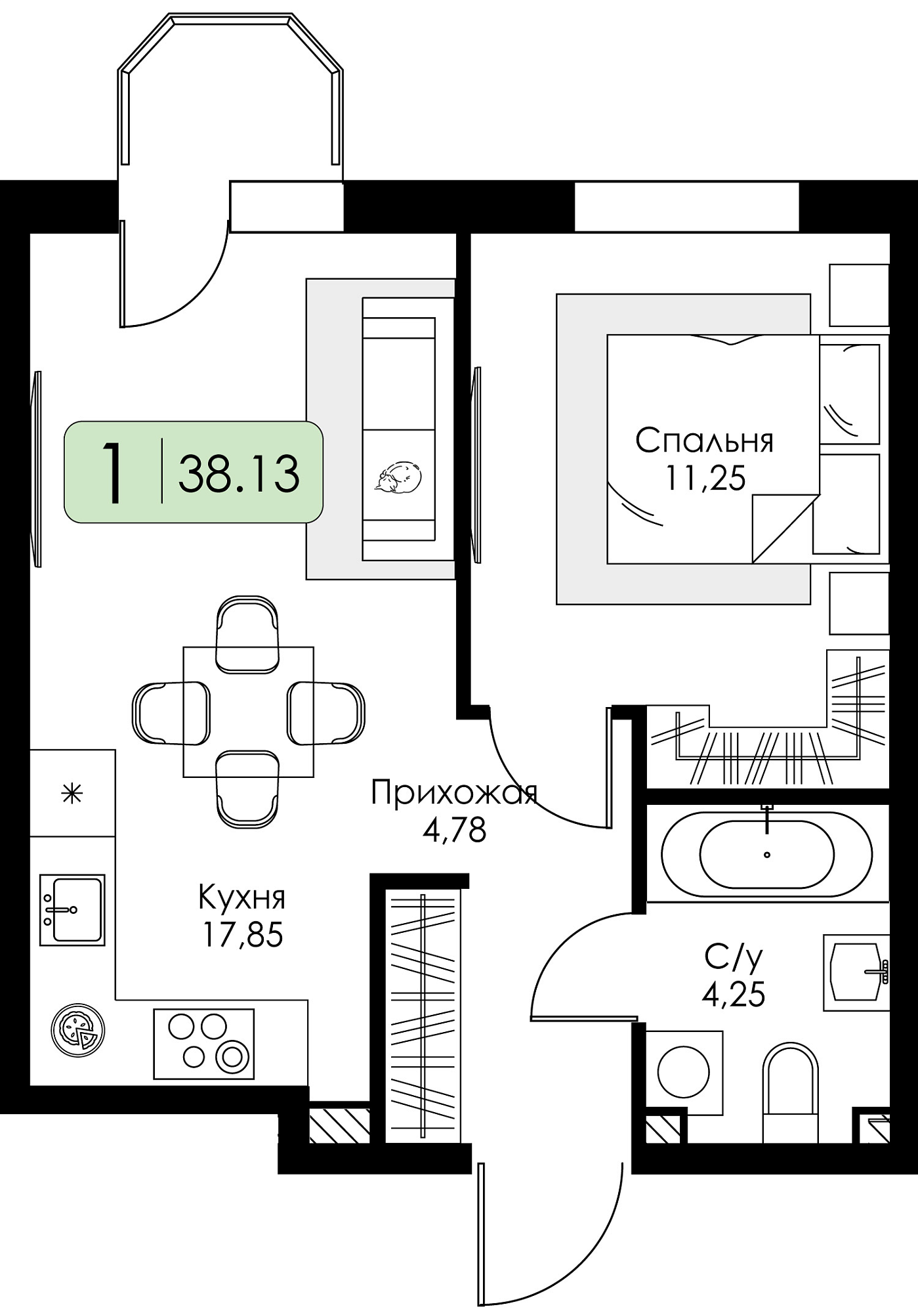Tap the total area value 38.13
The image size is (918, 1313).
point(239,473)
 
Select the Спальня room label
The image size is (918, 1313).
point(705,441)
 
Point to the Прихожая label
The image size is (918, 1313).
point(454,793)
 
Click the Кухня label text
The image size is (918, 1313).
point(242,897)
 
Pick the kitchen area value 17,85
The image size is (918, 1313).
point(243,934)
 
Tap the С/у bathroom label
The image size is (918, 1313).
point(734,958)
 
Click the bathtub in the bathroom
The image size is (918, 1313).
point(767,855)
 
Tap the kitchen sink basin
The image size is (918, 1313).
point(72,910)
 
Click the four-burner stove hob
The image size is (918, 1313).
point(204,1044)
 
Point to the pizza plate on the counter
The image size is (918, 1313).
point(78,1031)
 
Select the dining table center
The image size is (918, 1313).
point(248,712)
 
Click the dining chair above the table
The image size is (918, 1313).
point(247,634)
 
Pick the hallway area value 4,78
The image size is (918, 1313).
point(454,830)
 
